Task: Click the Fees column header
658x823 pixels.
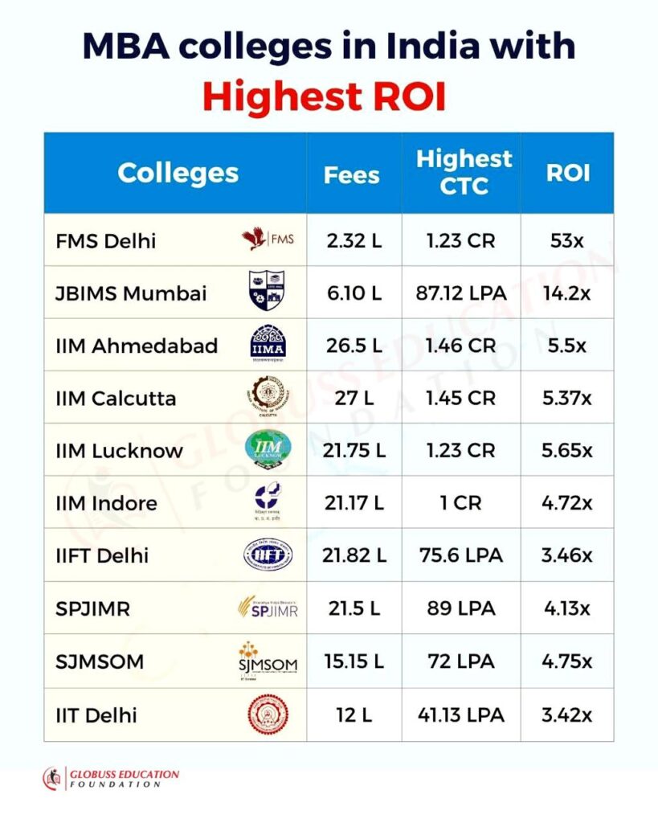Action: point(353,174)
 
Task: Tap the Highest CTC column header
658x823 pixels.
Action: point(464,172)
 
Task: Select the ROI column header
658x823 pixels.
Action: point(568,174)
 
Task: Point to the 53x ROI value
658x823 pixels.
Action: point(568,240)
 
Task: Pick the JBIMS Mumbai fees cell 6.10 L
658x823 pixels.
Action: point(354,293)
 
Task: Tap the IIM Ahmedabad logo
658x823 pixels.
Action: point(268,345)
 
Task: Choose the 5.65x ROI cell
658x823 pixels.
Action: point(568,451)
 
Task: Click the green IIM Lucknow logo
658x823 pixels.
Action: point(268,449)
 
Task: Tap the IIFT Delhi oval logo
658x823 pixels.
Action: point(268,555)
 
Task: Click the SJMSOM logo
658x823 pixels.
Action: point(268,661)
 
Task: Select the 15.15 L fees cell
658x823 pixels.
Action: point(354,661)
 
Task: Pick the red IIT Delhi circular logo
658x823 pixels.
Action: point(268,714)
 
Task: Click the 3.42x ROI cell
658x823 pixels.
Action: point(568,714)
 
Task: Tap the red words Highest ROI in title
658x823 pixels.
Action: point(324,96)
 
